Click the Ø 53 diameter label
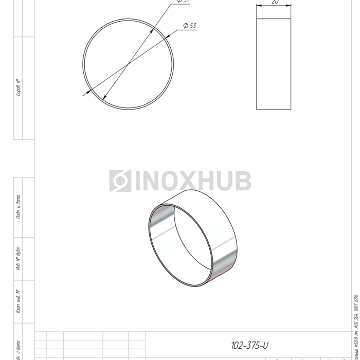click(189, 26)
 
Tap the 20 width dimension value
click(275, 3)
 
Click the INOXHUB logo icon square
click(120, 181)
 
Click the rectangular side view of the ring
click(274, 64)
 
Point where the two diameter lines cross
click(128, 64)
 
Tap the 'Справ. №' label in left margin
click(19, 87)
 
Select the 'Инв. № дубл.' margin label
click(19, 259)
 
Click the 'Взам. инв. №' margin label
click(19, 301)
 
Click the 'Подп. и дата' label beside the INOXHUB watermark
click(19, 207)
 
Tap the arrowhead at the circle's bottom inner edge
click(105, 98)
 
